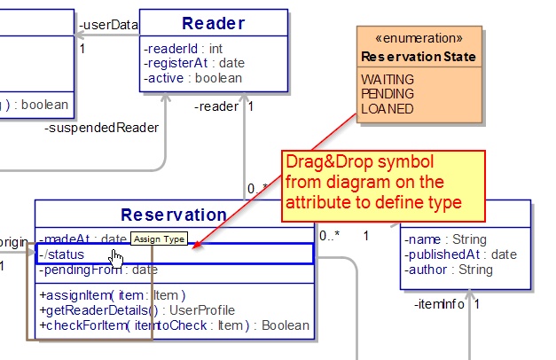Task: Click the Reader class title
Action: click(213, 24)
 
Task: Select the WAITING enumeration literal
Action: click(387, 79)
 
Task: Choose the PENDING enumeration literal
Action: click(387, 94)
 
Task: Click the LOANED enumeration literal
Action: click(386, 108)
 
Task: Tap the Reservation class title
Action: click(174, 215)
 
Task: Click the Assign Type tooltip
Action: click(159, 239)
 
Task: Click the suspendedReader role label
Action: click(101, 128)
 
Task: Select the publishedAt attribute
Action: click(460, 254)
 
